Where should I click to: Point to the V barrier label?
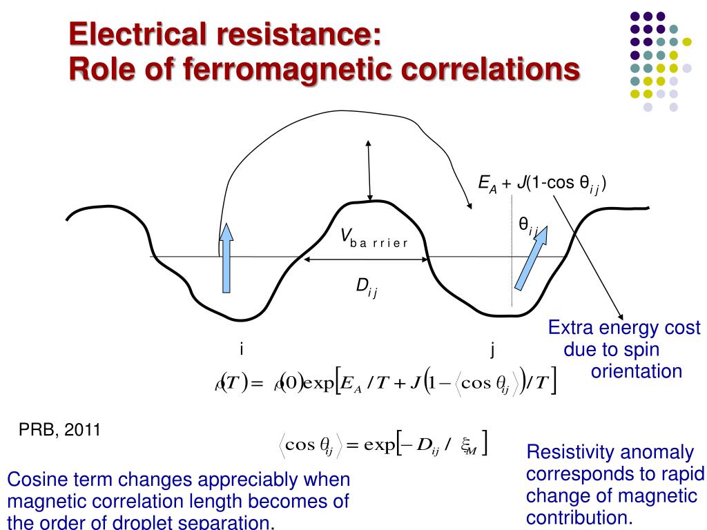click(x=373, y=239)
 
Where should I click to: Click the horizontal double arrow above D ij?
click(x=366, y=259)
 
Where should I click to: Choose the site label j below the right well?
click(x=493, y=349)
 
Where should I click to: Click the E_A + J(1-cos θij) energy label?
click(x=542, y=183)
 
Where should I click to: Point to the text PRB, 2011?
click(x=59, y=431)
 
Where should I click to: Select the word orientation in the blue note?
click(x=637, y=372)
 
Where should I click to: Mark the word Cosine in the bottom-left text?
click(x=34, y=479)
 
